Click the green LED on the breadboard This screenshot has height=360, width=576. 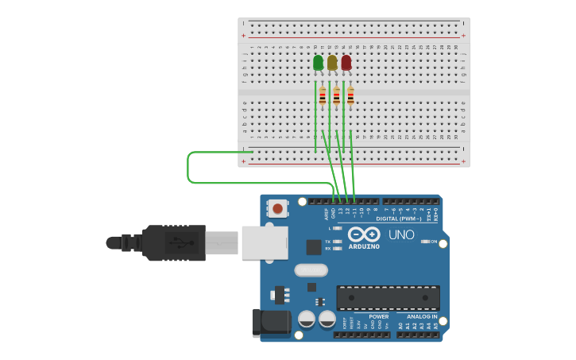[319, 63]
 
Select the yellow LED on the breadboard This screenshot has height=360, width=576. [332, 63]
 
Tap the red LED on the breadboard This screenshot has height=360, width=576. [346, 63]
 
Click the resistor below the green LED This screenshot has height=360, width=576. [323, 97]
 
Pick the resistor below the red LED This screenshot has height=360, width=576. [350, 97]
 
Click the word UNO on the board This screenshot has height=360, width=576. [400, 235]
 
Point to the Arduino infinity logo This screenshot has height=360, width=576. [363, 234]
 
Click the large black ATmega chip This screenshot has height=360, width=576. [388, 298]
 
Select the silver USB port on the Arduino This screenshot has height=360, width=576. [264, 242]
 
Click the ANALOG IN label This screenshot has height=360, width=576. [417, 316]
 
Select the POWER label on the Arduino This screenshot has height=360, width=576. [378, 316]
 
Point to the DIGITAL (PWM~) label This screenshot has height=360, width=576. [398, 219]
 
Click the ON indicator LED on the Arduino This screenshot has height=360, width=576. [425, 242]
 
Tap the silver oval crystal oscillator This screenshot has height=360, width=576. [311, 270]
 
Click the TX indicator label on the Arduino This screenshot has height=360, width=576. [328, 242]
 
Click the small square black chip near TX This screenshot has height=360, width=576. [314, 247]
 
